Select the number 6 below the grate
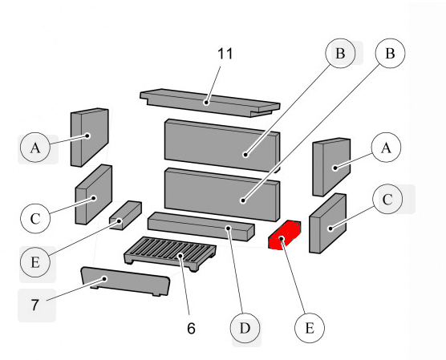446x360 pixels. [x=190, y=329]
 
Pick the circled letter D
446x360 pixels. [x=245, y=328]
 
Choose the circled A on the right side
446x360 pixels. [x=387, y=148]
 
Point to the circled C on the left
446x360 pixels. [x=35, y=217]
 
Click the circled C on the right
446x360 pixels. [x=387, y=200]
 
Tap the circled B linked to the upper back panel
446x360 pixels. [x=340, y=54]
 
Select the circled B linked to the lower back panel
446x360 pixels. [x=390, y=54]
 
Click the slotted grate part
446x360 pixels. [x=171, y=256]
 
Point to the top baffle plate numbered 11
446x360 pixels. [x=209, y=102]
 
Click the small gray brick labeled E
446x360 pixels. [x=124, y=215]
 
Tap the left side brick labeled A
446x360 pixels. [x=90, y=136]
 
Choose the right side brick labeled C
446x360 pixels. [x=326, y=224]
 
